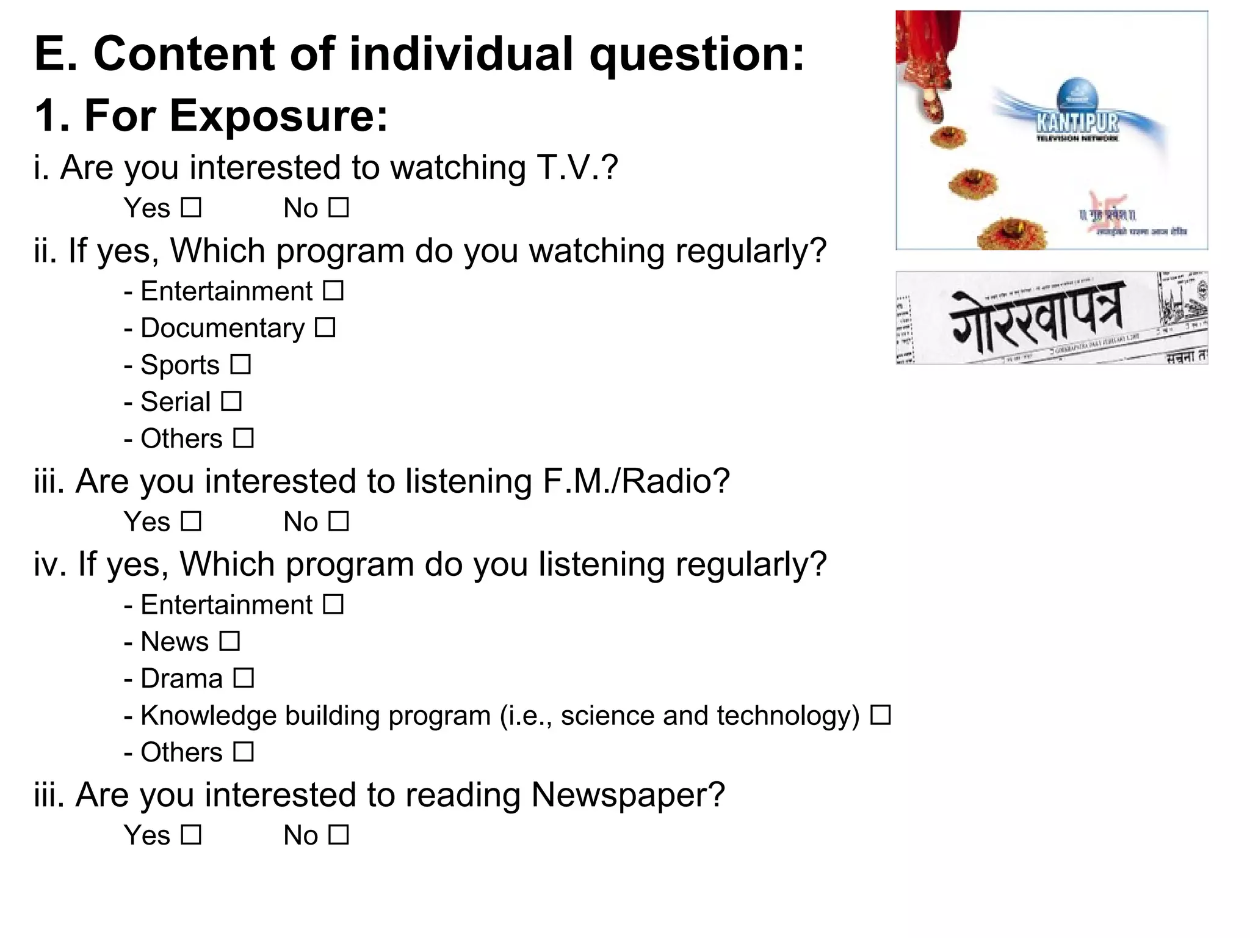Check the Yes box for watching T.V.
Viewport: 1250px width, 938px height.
point(191,208)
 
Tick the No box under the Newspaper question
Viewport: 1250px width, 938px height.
point(338,834)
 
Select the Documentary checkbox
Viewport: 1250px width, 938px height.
point(325,327)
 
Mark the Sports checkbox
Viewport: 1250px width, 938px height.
point(240,365)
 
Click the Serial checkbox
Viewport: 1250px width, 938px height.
point(231,401)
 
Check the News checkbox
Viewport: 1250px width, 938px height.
point(229,641)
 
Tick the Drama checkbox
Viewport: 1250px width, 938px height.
point(244,678)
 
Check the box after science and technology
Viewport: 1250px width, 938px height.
point(880,714)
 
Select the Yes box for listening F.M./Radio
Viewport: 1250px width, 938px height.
point(191,521)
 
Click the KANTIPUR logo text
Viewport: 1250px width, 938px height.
point(1077,123)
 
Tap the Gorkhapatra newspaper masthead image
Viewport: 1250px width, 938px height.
point(1051,318)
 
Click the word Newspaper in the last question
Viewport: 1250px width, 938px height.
point(627,794)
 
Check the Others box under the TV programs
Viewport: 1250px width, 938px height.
point(244,438)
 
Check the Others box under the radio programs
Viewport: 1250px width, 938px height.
point(244,751)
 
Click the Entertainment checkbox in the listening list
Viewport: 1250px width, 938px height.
point(333,604)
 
